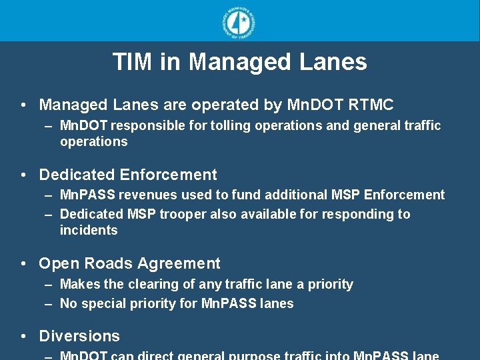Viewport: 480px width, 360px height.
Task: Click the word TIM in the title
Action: coord(133,62)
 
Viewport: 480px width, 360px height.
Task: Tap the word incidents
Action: coord(89,230)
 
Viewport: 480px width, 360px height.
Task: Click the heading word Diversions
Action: coord(79,336)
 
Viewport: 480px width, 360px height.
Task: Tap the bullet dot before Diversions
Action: coord(24,336)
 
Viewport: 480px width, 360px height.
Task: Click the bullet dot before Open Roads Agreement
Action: coord(24,263)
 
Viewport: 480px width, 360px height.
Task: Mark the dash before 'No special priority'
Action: coord(49,303)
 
